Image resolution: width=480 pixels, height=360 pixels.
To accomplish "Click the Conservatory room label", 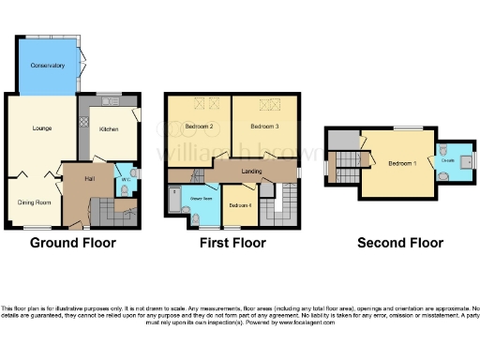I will (x=46, y=66).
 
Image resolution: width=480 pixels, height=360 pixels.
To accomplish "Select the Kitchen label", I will (x=109, y=131).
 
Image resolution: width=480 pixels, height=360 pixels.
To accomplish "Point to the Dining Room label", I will (x=36, y=201).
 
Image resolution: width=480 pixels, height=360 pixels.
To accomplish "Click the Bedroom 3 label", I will (x=265, y=126).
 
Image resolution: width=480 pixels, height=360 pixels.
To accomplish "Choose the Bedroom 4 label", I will (x=239, y=204).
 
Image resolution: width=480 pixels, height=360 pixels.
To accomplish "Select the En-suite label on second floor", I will (x=447, y=160).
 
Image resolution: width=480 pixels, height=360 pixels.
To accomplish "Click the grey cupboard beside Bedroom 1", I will (x=344, y=140).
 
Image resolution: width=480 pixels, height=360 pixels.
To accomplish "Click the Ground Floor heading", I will (x=73, y=243).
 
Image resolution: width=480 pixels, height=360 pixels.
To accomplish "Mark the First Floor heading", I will (x=232, y=243).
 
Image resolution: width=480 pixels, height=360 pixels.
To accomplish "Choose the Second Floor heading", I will (x=399, y=243).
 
